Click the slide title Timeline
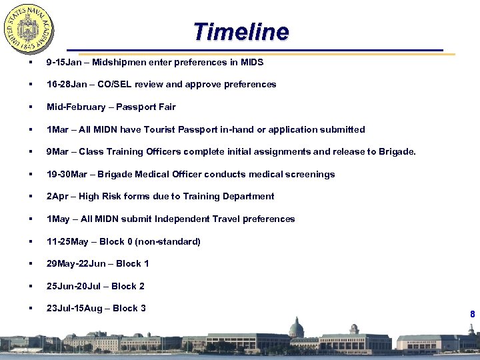tap(241, 31)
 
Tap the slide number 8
tap(472, 314)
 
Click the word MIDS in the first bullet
tap(251, 63)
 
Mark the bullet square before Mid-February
tap(31, 107)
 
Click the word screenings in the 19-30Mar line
tap(311, 175)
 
